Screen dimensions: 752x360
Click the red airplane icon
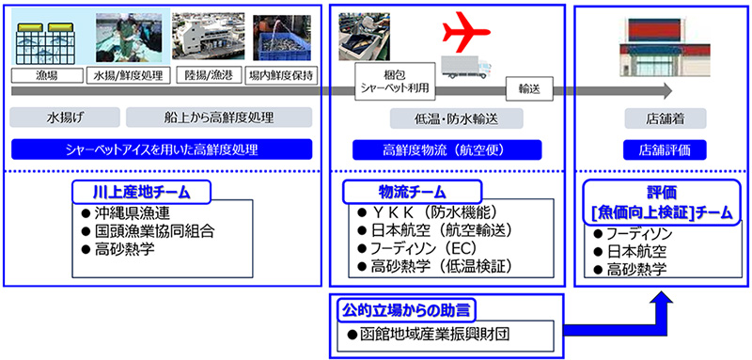click(x=465, y=33)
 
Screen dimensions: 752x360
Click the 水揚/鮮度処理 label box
click(x=127, y=76)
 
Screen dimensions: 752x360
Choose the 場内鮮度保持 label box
click(x=281, y=76)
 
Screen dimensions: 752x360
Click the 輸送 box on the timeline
click(x=530, y=89)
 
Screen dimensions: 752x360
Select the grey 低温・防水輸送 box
click(x=456, y=118)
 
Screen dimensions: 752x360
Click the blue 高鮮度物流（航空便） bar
click(x=447, y=150)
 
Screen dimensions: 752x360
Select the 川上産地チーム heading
click(x=142, y=193)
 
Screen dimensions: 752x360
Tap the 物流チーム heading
click(x=412, y=193)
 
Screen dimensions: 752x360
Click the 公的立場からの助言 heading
click(x=407, y=310)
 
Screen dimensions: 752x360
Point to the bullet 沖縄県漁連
click(x=126, y=212)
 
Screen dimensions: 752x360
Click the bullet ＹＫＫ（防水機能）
click(x=429, y=212)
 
